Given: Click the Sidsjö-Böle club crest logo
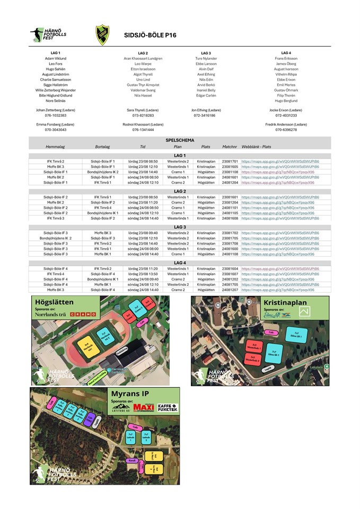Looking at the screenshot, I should pyautogui.click(x=103, y=35).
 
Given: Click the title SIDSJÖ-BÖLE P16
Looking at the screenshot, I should pyautogui.click(x=150, y=36).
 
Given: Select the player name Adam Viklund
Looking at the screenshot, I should pyautogui.click(x=56, y=58).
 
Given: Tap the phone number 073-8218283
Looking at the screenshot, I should pyautogui.click(x=143, y=115).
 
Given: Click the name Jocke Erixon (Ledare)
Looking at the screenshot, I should pyautogui.click(x=286, y=110).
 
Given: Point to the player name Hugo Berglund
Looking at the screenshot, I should pyautogui.click(x=286, y=100).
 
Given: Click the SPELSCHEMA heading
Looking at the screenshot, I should pyautogui.click(x=180, y=140).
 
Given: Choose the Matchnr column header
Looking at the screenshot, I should pyautogui.click(x=230, y=146).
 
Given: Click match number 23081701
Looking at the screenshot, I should pyautogui.click(x=230, y=161).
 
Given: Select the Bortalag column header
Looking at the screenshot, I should pyautogui.click(x=103, y=146).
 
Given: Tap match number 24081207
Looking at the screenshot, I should pyautogui.click(x=230, y=290).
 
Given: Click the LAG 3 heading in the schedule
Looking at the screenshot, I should pyautogui.click(x=180, y=227).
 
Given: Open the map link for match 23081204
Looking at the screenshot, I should pyautogui.click(x=279, y=203).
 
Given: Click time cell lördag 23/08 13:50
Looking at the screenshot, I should pyautogui.click(x=143, y=274).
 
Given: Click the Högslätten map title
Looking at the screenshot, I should pyautogui.click(x=53, y=302).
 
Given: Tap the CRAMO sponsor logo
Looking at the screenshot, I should pyautogui.click(x=83, y=314).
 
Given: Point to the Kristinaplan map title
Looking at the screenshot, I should pyautogui.click(x=285, y=303).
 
